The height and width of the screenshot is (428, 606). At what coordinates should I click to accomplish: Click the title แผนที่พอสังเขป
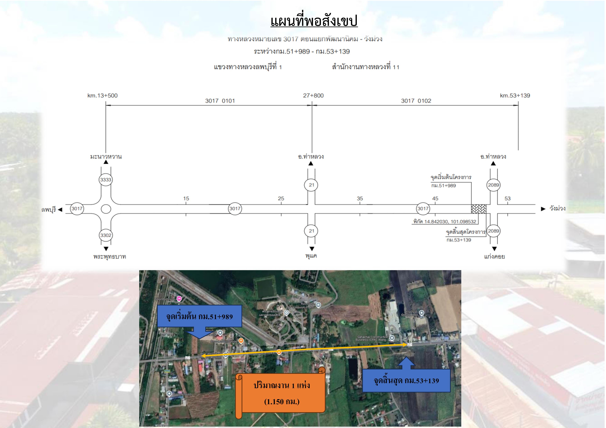click(x=314, y=21)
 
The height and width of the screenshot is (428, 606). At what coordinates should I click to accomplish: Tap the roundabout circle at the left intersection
click(x=106, y=209)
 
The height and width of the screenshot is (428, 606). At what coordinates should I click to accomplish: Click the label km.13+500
click(x=102, y=95)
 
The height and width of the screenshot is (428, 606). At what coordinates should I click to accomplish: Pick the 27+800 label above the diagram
click(x=313, y=95)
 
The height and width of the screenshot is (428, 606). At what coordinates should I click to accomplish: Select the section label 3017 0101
click(x=220, y=101)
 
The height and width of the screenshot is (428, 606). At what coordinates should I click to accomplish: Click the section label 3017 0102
click(x=416, y=101)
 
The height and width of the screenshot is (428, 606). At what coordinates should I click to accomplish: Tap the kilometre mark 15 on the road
click(x=186, y=199)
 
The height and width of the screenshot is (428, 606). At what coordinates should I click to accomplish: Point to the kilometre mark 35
click(x=360, y=199)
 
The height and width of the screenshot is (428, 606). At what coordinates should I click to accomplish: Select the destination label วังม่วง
click(x=557, y=209)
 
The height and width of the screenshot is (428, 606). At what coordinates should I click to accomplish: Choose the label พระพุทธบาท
click(x=109, y=257)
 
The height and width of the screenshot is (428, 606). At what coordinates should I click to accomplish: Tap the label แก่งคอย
click(x=494, y=257)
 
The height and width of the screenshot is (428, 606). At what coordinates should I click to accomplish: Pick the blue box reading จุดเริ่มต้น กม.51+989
click(x=199, y=316)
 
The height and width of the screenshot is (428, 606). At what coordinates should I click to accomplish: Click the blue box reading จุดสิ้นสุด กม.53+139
click(x=406, y=381)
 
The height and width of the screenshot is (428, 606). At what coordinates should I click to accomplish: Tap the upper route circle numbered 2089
click(x=493, y=185)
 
